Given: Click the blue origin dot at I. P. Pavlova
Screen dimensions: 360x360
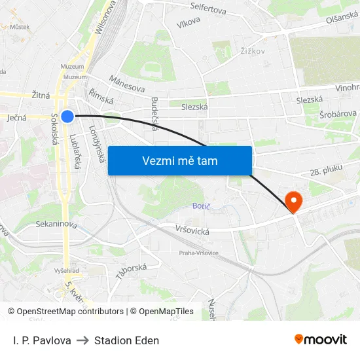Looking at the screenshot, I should click(x=67, y=117).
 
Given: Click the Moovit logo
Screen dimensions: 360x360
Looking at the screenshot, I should click(x=321, y=339).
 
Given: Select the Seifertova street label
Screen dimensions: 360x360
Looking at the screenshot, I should click(x=207, y=10).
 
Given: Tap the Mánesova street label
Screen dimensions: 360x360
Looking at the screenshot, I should click(x=126, y=84).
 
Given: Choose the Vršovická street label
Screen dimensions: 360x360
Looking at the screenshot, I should click(x=192, y=230).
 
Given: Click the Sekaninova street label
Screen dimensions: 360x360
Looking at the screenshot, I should click(x=56, y=225).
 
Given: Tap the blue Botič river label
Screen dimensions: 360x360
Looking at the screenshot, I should click(x=201, y=206).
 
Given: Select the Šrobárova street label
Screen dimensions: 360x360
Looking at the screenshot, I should click(x=338, y=114).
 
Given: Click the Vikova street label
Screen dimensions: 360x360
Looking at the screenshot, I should click(x=188, y=24).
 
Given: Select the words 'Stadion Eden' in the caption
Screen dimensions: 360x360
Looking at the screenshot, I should click(x=126, y=340).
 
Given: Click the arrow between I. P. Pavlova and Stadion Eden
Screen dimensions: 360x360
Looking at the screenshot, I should click(x=82, y=340).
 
